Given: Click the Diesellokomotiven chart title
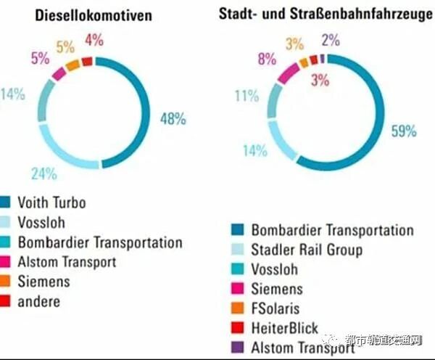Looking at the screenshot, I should coord(95,15).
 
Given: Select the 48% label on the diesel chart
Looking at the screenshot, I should coord(173,118).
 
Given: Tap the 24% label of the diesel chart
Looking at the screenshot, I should coord(44,173).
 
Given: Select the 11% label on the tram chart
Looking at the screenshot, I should coord(246,95).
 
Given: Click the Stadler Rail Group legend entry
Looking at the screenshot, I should coord(307,250).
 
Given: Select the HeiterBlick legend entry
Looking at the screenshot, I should coord(284,328).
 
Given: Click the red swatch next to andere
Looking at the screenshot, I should coord(6,301).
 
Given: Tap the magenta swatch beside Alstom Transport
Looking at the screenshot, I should coord(6,262).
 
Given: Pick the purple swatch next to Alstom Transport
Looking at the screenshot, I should coord(237,348).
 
